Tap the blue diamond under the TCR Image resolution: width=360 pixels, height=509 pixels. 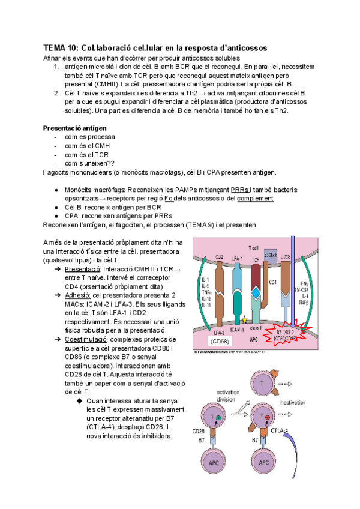pos(256,292)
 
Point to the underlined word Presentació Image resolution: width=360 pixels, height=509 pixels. pos(82,270)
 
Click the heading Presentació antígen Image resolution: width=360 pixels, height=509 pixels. pos(75,128)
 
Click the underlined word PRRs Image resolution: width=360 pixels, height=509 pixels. pos(240,190)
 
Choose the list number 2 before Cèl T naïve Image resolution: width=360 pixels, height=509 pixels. pos(56,94)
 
